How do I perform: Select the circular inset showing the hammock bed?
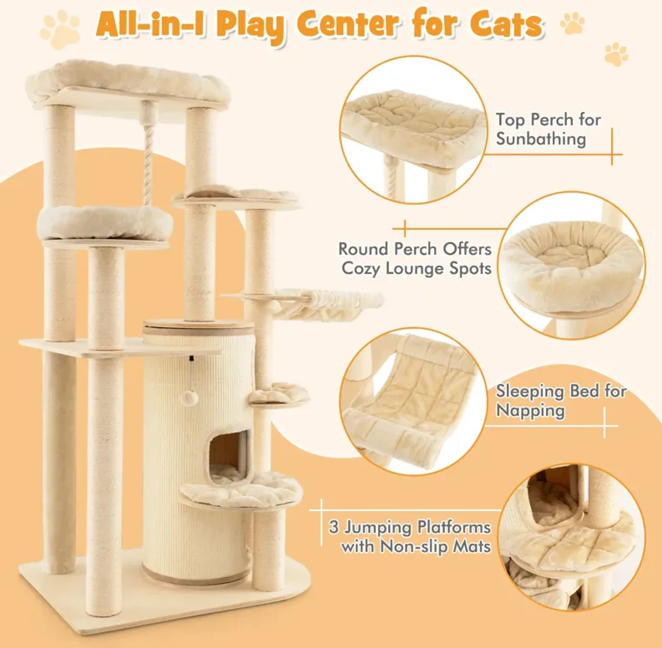413,402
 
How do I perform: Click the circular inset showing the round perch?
571,266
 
